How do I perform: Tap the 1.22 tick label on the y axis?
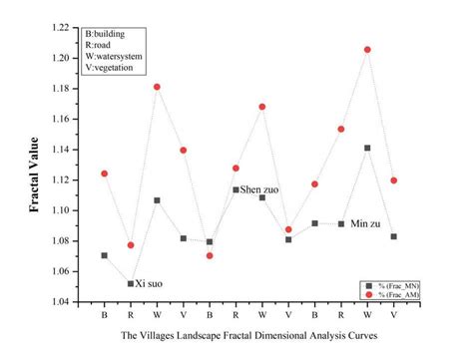tap(66, 28)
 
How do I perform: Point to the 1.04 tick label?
tap(66, 301)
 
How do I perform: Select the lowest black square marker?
tap(131, 283)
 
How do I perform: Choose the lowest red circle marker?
tap(210, 255)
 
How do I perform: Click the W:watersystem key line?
tap(121, 56)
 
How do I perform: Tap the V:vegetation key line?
tap(116, 68)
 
